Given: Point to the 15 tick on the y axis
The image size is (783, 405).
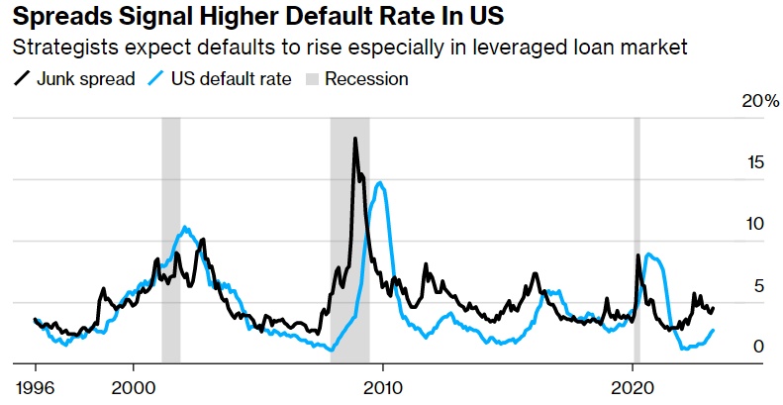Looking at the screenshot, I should (x=756, y=163).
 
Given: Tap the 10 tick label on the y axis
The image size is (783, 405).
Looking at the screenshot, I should (x=756, y=225).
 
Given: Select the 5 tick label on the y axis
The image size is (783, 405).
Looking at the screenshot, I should (x=759, y=286).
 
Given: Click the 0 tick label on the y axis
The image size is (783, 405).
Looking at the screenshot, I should (x=759, y=347).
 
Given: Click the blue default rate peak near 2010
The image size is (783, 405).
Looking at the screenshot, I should (x=378, y=182).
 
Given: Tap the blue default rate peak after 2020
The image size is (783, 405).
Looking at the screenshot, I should (x=648, y=254).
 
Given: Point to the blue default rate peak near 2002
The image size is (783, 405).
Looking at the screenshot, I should (x=185, y=228).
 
